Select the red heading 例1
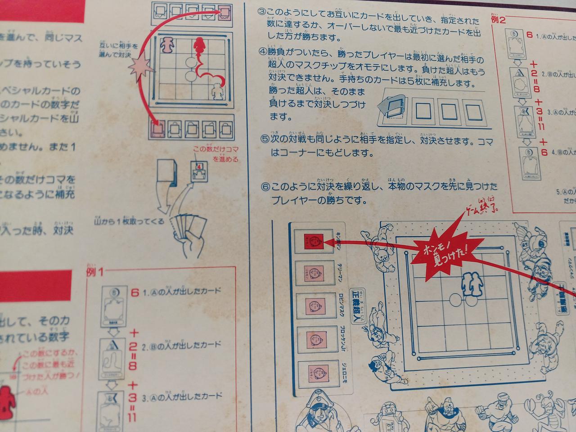pyautogui.click(x=94, y=272)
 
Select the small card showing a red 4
pyautogui.click(x=198, y=171)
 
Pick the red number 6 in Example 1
pyautogui.click(x=134, y=292)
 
